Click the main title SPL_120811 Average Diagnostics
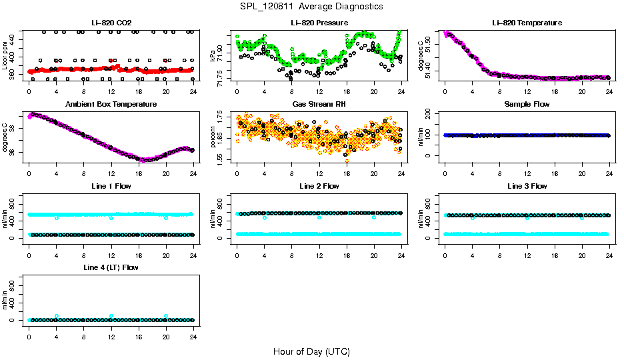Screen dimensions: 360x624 point(311,6)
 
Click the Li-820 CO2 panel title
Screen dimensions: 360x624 point(111,23)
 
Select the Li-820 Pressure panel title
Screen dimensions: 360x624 point(319,23)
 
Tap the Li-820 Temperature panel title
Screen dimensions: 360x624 point(527,23)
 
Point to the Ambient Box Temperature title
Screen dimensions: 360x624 point(111,105)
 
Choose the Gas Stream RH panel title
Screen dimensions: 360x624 point(319,105)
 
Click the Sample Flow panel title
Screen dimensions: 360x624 point(527,105)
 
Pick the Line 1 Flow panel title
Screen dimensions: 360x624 point(111,186)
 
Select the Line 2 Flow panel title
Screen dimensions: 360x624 point(319,186)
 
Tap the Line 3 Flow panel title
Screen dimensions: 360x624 point(527,186)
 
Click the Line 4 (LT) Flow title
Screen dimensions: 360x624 point(111,267)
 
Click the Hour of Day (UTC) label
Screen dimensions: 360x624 point(311,351)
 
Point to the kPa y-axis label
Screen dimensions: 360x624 point(213,57)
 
